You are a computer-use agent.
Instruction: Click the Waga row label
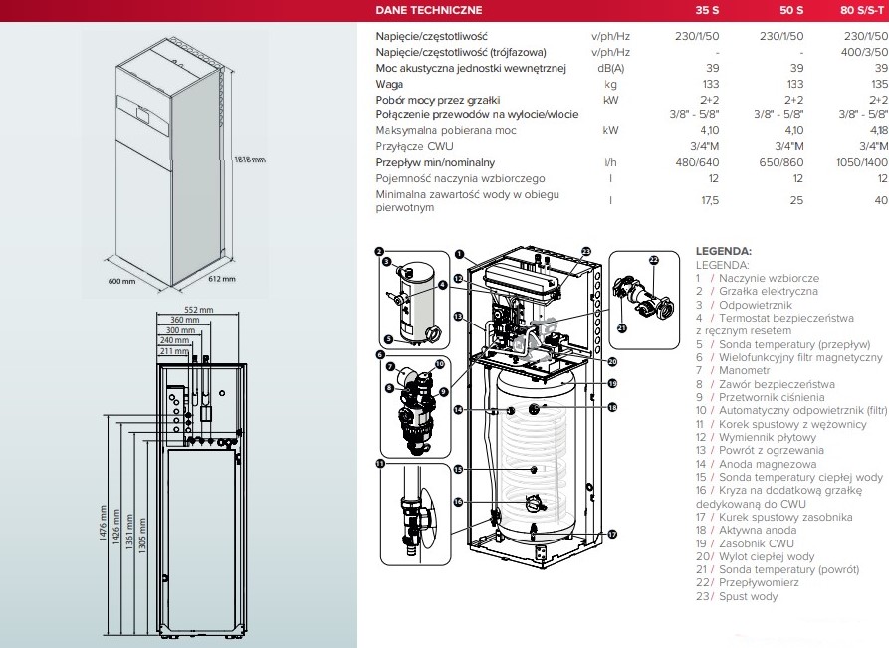coord(389,84)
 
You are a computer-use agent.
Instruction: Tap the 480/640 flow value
coord(697,162)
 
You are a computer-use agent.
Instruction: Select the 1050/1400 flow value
coord(863,162)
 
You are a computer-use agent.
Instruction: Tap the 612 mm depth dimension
coord(222,279)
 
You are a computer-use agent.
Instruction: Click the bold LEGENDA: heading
coord(723,252)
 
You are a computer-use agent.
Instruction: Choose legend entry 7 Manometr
coord(741,370)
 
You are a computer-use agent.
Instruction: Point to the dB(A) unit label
coord(610,68)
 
